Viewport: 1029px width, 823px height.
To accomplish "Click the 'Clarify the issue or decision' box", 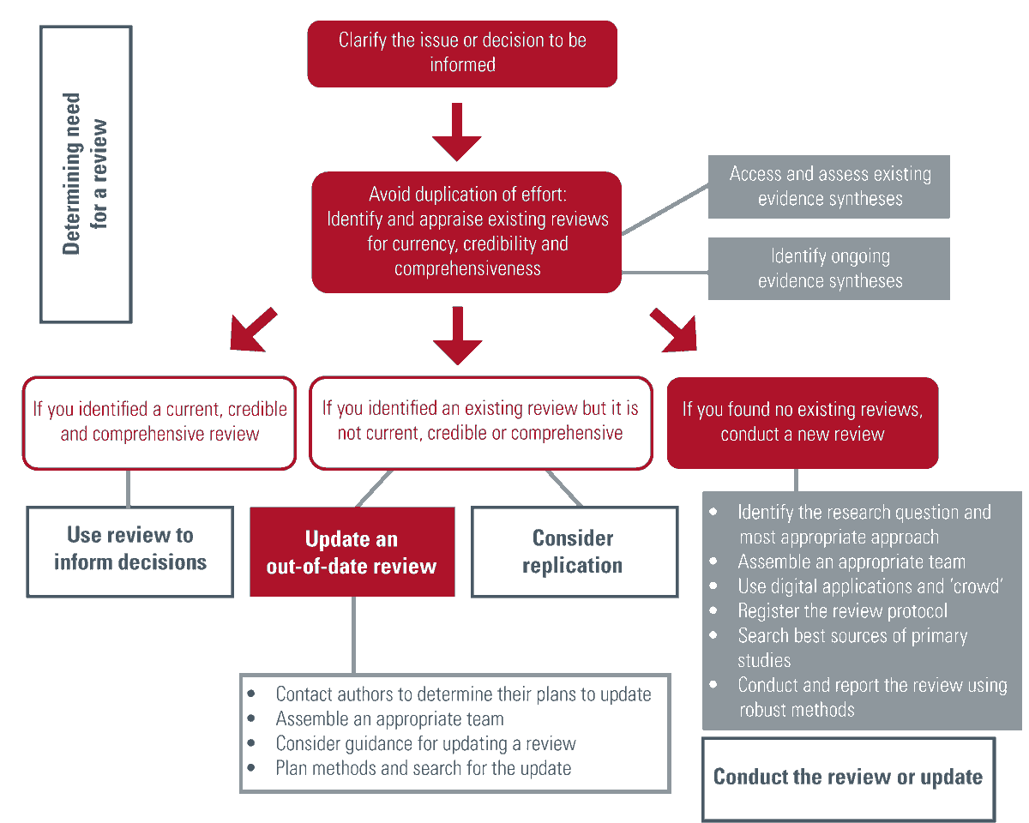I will tap(462, 53).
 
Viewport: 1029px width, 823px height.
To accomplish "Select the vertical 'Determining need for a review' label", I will tap(85, 174).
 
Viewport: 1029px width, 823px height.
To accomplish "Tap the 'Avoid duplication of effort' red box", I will tap(466, 231).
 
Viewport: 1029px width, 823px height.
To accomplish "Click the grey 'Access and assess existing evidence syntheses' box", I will tap(829, 186).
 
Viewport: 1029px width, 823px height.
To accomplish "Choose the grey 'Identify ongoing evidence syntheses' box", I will tap(829, 268).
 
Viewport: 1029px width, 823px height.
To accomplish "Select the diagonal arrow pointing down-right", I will tap(673, 329).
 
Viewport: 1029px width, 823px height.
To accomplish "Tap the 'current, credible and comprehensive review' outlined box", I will tap(159, 422).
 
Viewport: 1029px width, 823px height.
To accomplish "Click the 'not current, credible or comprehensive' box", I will tap(480, 422).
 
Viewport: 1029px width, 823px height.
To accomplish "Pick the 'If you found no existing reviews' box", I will tap(802, 422).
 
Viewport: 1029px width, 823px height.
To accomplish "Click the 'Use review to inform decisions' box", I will tap(130, 550).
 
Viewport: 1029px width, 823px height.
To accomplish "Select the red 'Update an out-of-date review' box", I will tap(352, 552).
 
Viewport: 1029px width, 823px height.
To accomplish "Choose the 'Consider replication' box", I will tap(572, 552).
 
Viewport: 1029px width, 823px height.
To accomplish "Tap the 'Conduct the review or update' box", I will tap(848, 778).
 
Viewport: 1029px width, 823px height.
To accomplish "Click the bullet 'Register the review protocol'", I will tap(842, 611).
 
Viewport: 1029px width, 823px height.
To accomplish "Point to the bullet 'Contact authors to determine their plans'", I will tap(463, 694).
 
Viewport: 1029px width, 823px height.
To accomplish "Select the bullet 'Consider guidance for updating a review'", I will tap(425, 743).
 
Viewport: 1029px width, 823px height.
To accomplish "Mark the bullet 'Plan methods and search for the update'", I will tap(423, 768).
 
